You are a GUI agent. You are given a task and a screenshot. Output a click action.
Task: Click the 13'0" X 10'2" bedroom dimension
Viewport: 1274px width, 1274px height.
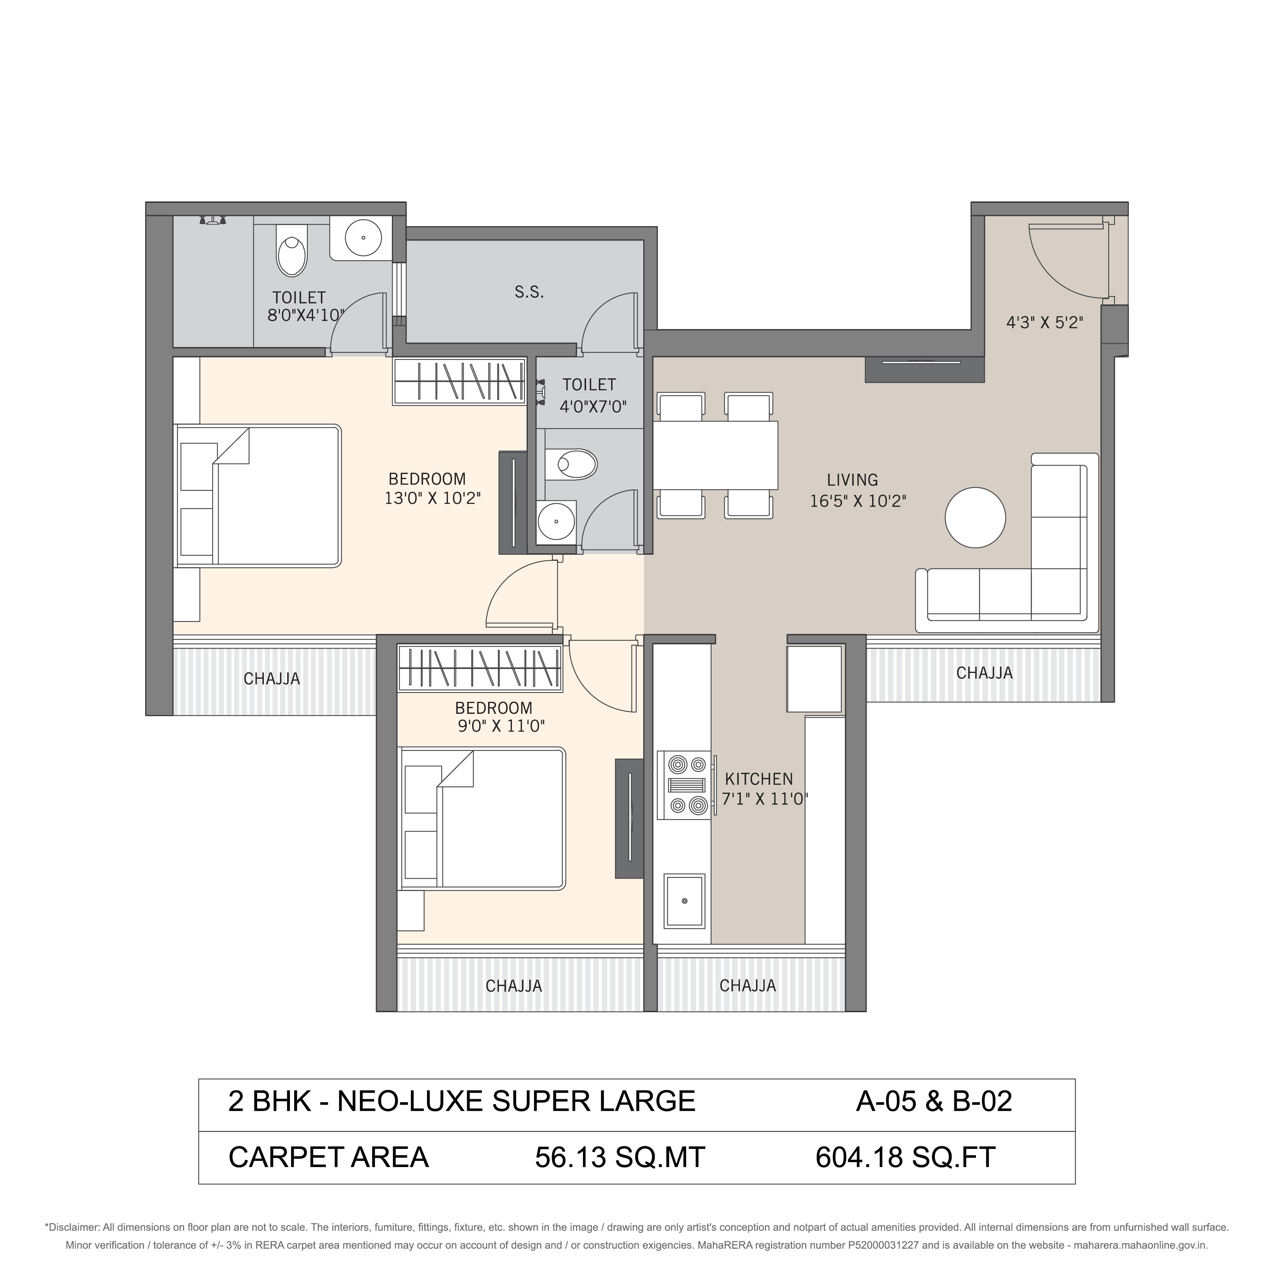point(432,498)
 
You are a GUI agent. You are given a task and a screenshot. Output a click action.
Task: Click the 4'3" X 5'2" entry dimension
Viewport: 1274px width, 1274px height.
point(1045,322)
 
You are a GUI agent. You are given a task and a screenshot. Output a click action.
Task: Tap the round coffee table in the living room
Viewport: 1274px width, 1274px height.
point(975,518)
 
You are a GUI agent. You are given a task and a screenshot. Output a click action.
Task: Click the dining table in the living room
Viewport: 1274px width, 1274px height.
point(715,455)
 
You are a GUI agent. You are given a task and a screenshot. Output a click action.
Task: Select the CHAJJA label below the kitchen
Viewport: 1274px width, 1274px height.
point(748,986)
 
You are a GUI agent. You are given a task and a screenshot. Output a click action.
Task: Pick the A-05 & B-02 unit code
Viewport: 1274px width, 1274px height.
point(934,1101)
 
